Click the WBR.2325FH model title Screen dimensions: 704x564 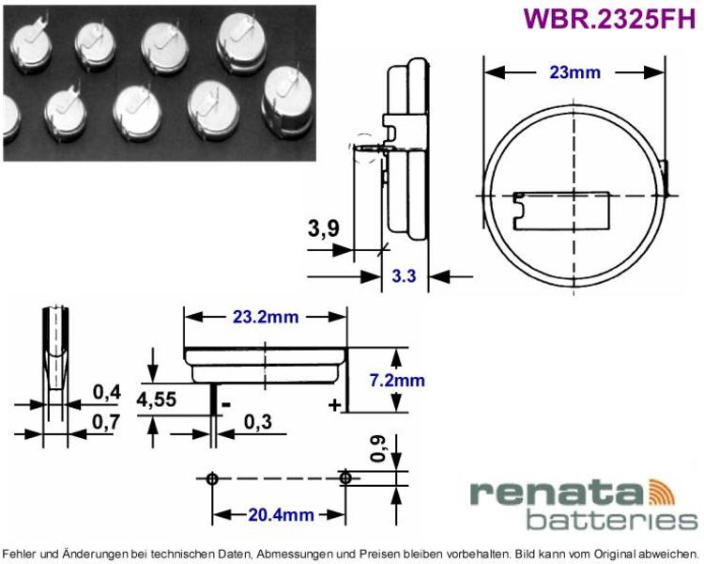coord(609,18)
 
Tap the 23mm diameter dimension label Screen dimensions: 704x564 coord(574,72)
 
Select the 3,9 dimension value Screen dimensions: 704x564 coord(323,228)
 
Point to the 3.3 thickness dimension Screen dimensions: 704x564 coord(404,275)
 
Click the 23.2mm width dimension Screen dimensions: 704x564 coord(266,317)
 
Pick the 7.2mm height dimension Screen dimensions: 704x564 coord(397,380)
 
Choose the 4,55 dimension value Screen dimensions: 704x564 coord(156,399)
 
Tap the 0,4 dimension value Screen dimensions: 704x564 coord(107,392)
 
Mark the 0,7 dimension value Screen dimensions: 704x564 coord(107,422)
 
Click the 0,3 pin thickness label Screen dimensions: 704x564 coord(258,422)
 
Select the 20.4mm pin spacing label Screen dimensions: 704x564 coord(281,514)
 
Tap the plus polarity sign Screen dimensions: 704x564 coord(334,405)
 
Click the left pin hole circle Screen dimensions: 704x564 coord(212,478)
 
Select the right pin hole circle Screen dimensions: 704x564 coord(345,478)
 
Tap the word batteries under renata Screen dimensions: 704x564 coord(612,520)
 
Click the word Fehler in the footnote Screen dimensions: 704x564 coord(18,553)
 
